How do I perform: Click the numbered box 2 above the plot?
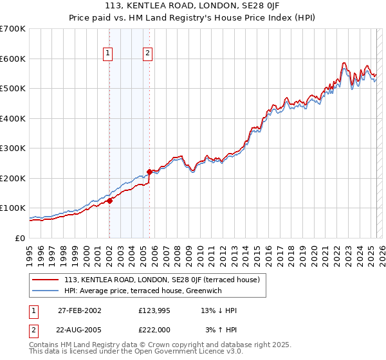pos(147,53)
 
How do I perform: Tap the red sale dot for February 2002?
pos(109,201)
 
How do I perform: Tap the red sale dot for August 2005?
pos(149,172)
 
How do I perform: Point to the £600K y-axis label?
pos(14,59)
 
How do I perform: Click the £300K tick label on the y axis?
pos(14,148)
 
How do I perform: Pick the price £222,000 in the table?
pos(155,329)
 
